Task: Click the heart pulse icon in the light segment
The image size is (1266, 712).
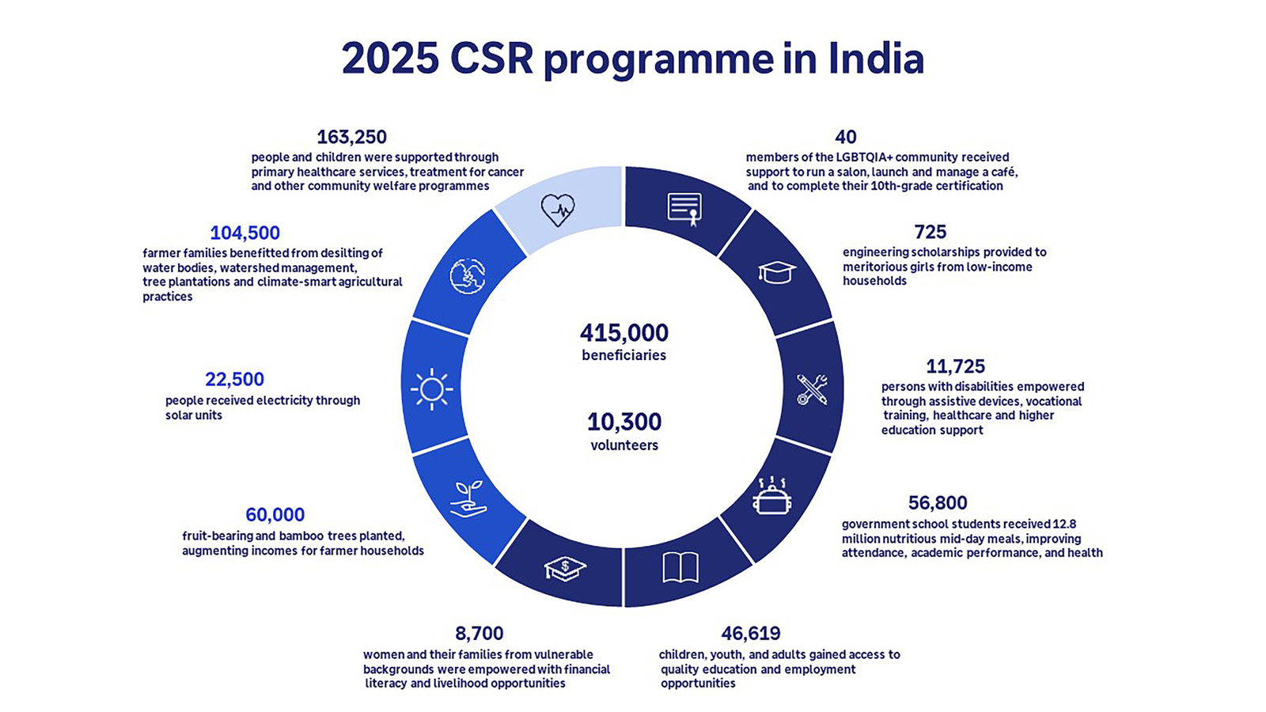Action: [x=558, y=210]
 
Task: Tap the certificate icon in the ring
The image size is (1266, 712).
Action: [x=684, y=209]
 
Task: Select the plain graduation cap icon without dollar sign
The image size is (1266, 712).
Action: [x=777, y=272]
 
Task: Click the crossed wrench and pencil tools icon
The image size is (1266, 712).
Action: [x=812, y=389]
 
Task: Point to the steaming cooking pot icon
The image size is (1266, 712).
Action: [x=771, y=497]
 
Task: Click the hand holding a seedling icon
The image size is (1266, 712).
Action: [x=468, y=499]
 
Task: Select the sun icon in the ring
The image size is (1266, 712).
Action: [x=431, y=388]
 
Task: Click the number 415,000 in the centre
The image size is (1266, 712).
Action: [x=624, y=332]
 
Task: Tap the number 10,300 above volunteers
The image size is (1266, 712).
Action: [x=624, y=422]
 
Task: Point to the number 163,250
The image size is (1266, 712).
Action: [x=351, y=137]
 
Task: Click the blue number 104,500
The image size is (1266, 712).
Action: [x=244, y=233]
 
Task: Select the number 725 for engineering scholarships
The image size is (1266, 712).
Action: [x=930, y=232]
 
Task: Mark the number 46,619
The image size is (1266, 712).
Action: [x=750, y=633]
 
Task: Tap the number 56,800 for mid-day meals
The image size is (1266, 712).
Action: [x=938, y=502]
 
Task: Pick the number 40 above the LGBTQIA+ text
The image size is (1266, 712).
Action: [x=845, y=137]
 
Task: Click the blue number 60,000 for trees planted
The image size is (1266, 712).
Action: [x=275, y=514]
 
